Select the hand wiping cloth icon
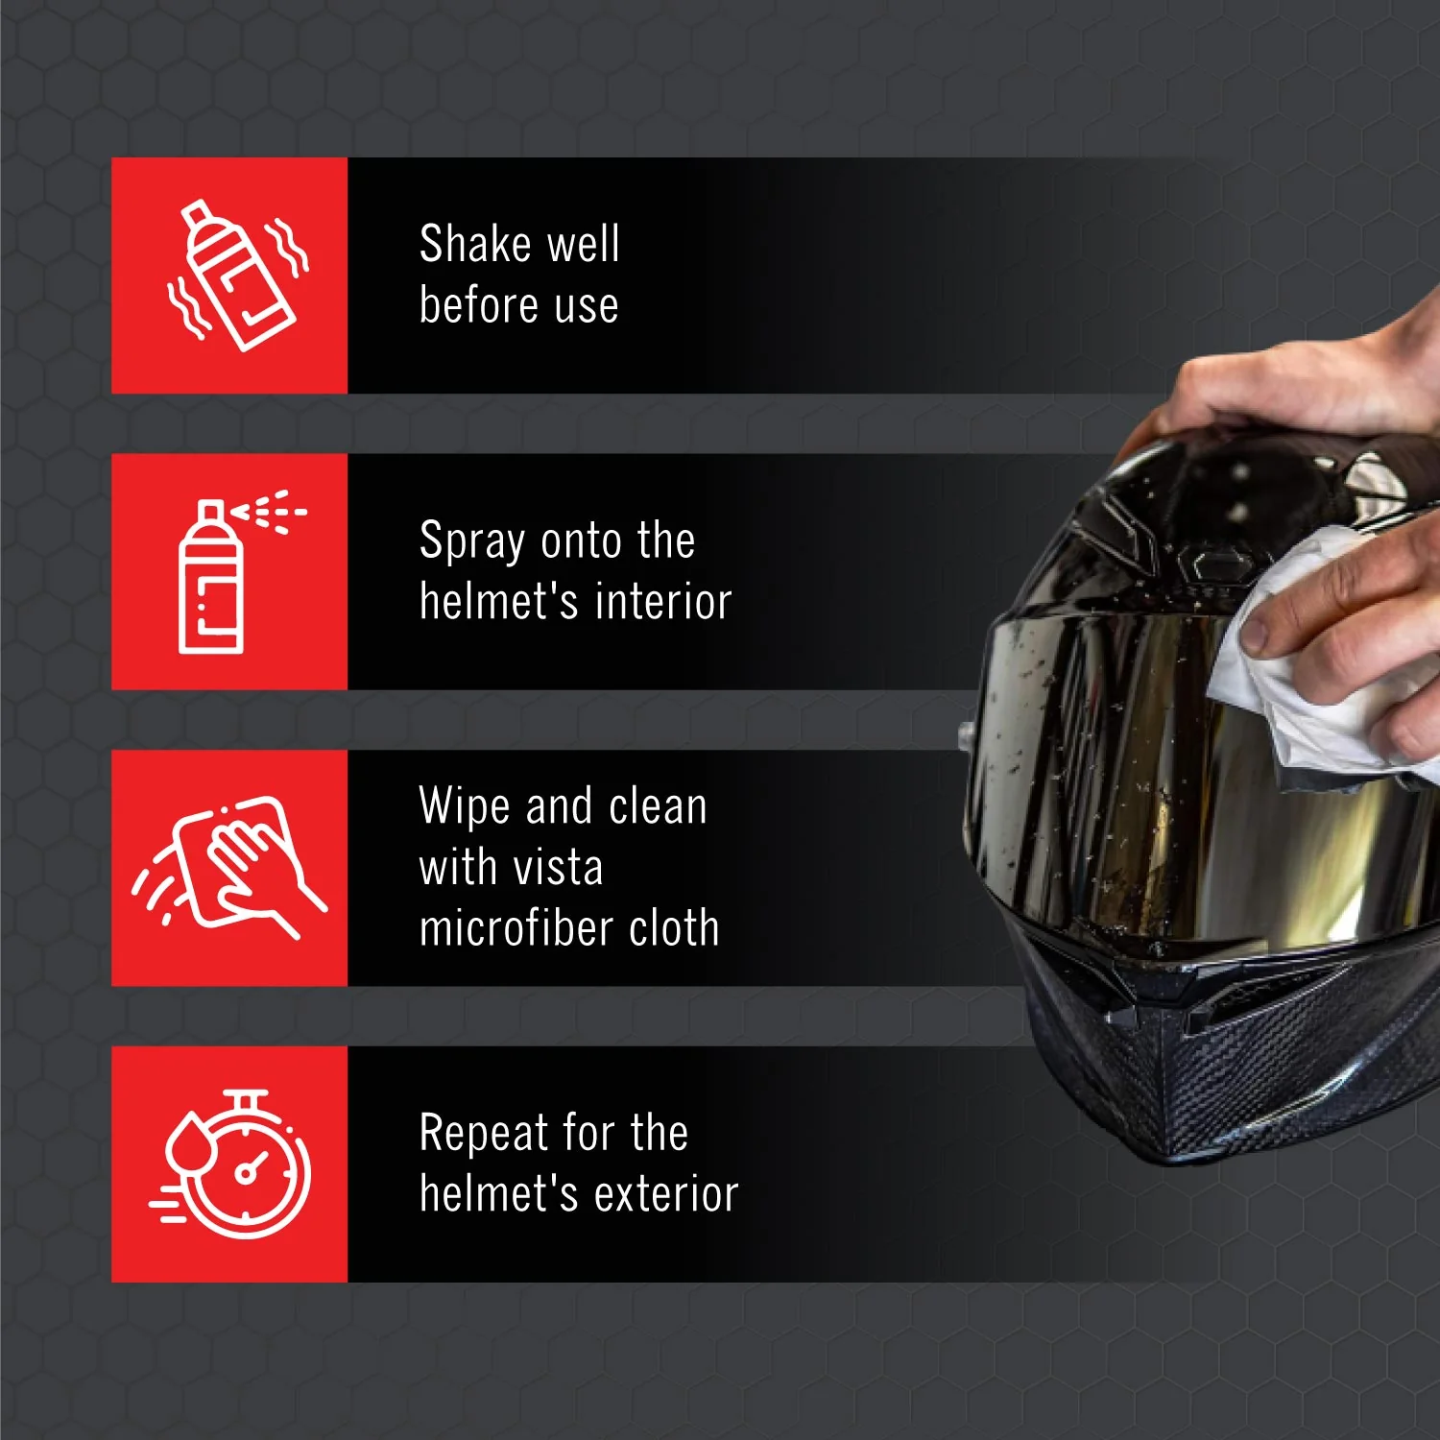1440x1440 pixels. coord(230,867)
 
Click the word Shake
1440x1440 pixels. coord(475,243)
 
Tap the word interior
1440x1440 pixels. coord(663,602)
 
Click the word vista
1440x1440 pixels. coord(558,868)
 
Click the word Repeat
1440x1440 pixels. coord(484,1134)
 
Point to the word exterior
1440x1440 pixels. coord(666,1194)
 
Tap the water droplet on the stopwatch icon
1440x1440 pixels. coord(187,1140)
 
